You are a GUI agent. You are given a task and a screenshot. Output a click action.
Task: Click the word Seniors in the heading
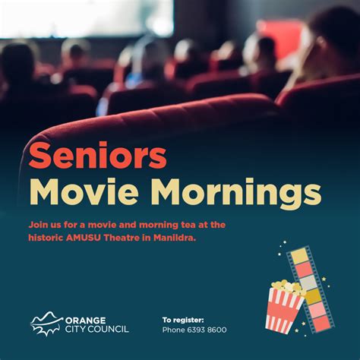(x=98, y=156)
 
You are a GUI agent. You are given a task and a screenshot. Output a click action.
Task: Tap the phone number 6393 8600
(x=207, y=330)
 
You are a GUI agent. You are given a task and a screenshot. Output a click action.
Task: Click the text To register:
(x=183, y=321)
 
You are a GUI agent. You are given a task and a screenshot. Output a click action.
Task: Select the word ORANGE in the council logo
(x=85, y=321)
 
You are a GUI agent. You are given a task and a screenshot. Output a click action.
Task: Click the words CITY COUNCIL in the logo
(x=97, y=329)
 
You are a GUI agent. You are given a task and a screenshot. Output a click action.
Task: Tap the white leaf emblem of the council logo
(x=46, y=324)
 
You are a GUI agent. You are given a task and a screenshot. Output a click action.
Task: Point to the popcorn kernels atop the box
(x=289, y=287)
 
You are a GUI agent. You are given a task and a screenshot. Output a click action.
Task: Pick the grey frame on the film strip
(x=308, y=283)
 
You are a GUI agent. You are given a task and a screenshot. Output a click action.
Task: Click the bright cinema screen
(x=87, y=18)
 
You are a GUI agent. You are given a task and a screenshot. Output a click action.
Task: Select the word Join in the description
(x=36, y=225)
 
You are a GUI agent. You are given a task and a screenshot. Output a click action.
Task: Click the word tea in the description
(x=188, y=225)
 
